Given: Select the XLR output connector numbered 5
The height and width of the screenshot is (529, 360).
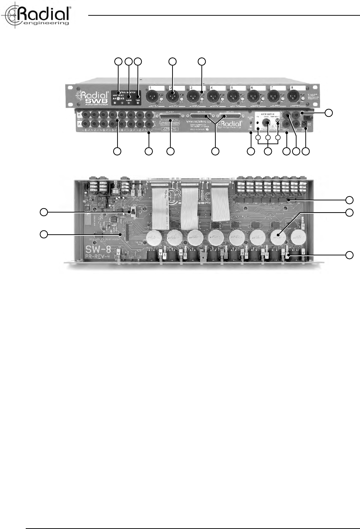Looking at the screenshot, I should click(233, 96).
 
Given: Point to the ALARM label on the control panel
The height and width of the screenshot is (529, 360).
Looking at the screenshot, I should click(129, 100).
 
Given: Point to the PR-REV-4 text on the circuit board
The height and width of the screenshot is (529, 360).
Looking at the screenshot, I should click(99, 256).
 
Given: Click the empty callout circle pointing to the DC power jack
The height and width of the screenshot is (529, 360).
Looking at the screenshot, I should click(306, 151).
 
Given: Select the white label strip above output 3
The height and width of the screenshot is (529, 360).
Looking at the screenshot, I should click(197, 88).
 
